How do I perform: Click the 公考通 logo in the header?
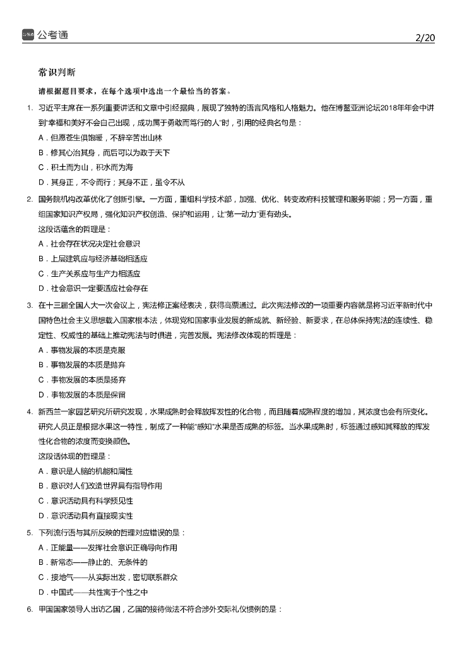[45, 35]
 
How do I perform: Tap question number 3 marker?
[30, 305]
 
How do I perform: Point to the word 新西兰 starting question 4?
[49, 412]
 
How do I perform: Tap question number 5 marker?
[30, 533]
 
